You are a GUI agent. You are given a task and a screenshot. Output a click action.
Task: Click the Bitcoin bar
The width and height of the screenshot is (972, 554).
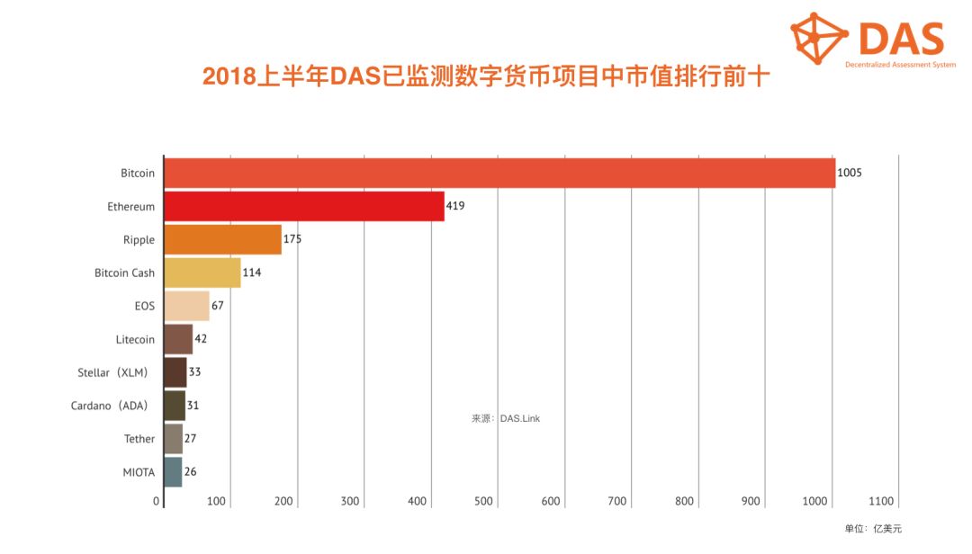pyautogui.click(x=499, y=173)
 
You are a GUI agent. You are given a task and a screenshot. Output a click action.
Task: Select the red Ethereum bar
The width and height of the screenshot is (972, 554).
pyautogui.click(x=304, y=206)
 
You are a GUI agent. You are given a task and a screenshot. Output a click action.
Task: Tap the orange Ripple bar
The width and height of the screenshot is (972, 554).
pyautogui.click(x=222, y=240)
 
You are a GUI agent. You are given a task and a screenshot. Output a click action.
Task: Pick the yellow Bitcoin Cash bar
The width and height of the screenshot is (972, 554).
pyautogui.click(x=202, y=273)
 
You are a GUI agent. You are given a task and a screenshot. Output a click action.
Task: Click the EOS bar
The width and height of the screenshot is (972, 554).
pyautogui.click(x=186, y=306)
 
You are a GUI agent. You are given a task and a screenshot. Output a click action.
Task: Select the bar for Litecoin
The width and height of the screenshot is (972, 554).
pyautogui.click(x=178, y=340)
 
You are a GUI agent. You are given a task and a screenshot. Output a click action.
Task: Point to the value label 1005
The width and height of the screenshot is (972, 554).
pyautogui.click(x=850, y=173)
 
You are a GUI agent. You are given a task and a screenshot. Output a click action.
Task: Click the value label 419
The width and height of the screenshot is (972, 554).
pyautogui.click(x=455, y=206)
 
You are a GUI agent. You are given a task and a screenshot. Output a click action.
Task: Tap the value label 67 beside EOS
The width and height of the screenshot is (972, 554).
pyautogui.click(x=218, y=306)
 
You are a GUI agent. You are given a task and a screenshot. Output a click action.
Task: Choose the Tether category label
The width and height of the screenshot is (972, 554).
pyautogui.click(x=139, y=439)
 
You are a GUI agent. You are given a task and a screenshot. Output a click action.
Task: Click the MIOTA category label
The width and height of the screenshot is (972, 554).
pyautogui.click(x=139, y=472)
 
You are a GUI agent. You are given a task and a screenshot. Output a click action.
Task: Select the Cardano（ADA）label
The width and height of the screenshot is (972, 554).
pyautogui.click(x=110, y=406)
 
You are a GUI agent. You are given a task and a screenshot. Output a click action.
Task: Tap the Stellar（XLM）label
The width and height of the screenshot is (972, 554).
pyautogui.click(x=113, y=372)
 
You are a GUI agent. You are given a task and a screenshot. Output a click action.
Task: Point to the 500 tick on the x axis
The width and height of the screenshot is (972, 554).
pyautogui.click(x=483, y=502)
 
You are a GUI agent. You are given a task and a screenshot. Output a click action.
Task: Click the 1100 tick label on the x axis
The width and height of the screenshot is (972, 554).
pyautogui.click(x=881, y=502)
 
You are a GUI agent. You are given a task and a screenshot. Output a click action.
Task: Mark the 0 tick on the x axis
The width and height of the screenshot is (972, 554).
pyautogui.click(x=157, y=502)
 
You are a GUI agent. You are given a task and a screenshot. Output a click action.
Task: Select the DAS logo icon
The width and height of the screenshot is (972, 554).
pyautogui.click(x=819, y=38)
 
